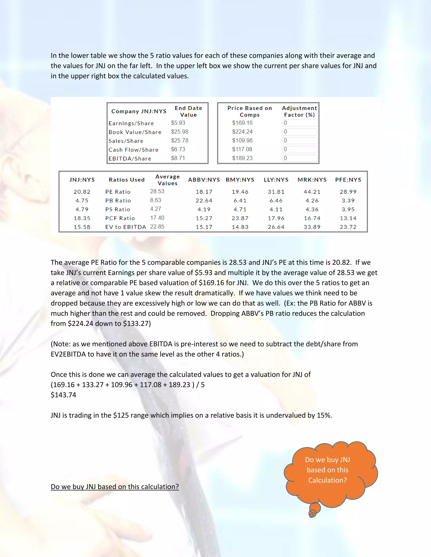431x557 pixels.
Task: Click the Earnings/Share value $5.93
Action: [178, 123]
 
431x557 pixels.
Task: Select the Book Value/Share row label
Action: [135, 132]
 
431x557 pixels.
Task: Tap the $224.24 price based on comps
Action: [242, 132]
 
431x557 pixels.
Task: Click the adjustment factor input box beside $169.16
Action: [299, 123]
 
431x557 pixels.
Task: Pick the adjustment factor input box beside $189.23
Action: [299, 158]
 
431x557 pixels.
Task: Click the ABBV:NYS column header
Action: [204, 180]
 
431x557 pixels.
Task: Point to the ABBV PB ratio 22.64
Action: [204, 201]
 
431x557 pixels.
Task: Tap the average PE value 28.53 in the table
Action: [157, 191]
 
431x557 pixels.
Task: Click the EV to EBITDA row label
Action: [126, 227]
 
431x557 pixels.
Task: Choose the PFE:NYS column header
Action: [348, 180]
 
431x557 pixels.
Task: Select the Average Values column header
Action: [168, 180]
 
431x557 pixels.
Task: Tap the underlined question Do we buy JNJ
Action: [115, 487]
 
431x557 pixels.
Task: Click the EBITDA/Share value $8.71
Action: [178, 158]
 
